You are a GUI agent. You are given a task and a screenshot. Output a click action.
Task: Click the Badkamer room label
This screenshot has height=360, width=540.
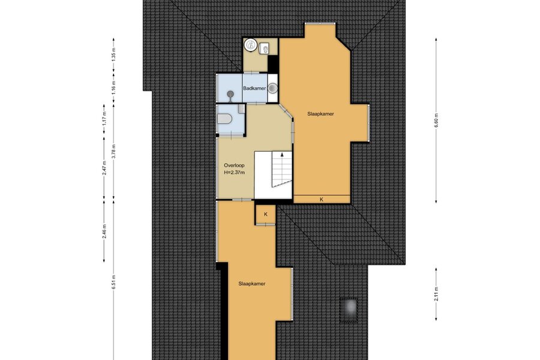point(254,88)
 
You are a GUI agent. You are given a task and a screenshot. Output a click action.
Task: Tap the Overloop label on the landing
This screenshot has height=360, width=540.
point(234,166)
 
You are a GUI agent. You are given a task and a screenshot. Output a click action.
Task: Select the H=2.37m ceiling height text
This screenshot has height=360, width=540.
point(234,173)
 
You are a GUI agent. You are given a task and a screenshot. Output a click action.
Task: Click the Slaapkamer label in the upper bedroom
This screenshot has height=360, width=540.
point(320,113)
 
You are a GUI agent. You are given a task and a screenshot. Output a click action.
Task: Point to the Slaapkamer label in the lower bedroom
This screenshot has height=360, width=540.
point(252,284)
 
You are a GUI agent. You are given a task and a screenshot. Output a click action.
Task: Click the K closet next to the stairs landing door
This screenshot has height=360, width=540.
point(266,214)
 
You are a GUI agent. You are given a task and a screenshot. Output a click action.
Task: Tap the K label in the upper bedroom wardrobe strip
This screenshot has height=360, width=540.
point(322,199)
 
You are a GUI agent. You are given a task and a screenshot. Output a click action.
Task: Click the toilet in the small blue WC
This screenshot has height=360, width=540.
point(225,119)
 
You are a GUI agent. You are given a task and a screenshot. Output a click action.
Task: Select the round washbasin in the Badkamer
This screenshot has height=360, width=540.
point(273,88)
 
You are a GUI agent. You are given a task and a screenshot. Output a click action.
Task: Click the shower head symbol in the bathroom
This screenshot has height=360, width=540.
point(230,94)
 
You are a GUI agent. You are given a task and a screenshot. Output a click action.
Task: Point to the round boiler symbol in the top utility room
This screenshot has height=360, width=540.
point(250,44)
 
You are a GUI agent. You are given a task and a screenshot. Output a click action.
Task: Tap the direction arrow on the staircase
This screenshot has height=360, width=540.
point(283,155)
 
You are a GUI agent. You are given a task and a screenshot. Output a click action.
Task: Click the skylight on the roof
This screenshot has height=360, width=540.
point(348,309)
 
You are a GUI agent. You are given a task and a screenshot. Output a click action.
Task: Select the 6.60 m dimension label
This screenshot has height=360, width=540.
point(436,120)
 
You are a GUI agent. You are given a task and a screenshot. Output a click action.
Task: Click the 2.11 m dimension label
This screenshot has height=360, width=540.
point(436,294)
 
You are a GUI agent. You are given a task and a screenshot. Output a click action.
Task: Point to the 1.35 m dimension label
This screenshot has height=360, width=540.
point(113,55)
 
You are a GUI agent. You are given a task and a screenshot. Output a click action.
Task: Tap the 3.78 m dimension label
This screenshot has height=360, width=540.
point(113,151)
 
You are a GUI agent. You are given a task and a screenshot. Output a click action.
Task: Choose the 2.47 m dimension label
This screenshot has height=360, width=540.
point(104,168)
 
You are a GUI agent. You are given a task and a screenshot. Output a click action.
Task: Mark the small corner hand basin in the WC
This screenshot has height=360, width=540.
point(241,109)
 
